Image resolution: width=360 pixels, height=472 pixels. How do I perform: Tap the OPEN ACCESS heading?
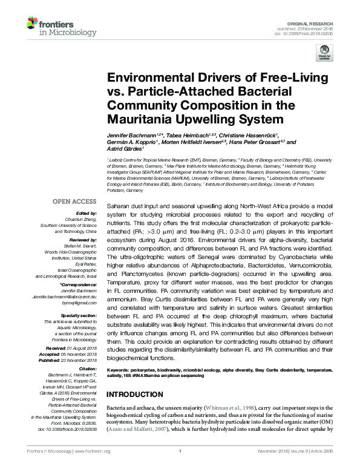pyautogui.click(x=74, y=201)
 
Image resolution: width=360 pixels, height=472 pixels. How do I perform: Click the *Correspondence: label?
pyautogui.click(x=79, y=284)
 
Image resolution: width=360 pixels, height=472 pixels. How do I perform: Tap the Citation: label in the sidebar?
pyautogui.click(x=87, y=368)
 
